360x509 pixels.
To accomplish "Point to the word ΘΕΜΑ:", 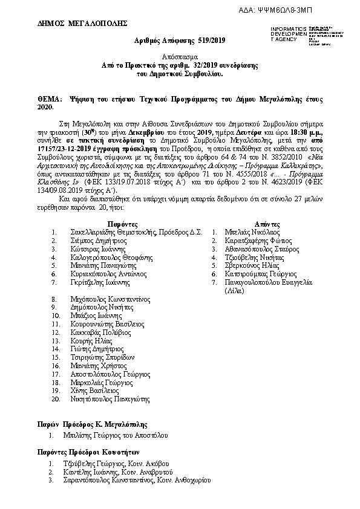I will point(51,98).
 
